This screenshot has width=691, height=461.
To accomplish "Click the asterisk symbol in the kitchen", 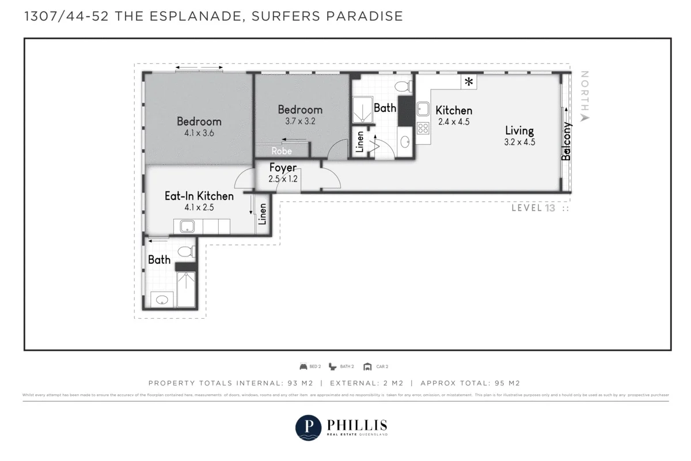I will tap(469, 82).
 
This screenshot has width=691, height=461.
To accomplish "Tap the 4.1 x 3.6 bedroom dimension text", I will tap(199, 133).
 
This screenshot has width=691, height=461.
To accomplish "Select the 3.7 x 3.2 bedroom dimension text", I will tap(300, 122).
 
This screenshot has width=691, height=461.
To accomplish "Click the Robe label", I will tap(282, 151).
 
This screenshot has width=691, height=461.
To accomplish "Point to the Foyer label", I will tap(283, 168).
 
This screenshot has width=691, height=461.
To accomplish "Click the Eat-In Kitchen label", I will tap(199, 196).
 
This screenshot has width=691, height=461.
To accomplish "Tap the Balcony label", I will tap(567, 141).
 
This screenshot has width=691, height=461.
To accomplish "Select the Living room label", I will tap(519, 131).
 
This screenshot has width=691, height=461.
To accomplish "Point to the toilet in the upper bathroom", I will tap(403, 86).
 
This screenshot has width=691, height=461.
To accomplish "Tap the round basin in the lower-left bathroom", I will tap(162, 300).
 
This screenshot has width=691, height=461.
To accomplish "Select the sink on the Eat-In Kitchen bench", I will tap(187, 226).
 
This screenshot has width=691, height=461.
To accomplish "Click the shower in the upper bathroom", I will tap(363, 109).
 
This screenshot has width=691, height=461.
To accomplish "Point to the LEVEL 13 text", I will tap(534, 208).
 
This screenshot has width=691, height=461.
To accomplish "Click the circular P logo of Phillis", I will tap(308, 428).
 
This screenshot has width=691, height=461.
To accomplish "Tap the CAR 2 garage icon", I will tap(367, 366).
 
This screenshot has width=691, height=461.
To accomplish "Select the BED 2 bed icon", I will tap(303, 366).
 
